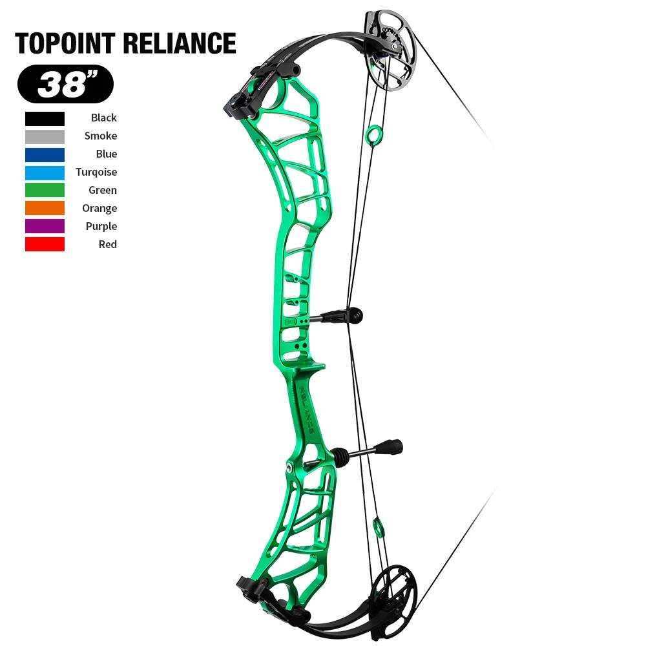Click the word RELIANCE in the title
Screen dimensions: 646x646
coord(179,43)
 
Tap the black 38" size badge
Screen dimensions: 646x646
coord(65,84)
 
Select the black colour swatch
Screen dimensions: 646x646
coord(45,118)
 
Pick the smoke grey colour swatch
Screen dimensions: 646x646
coord(45,136)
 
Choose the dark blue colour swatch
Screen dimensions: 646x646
coord(45,154)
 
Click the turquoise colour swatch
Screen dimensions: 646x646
coord(45,172)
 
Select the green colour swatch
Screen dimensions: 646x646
coord(45,190)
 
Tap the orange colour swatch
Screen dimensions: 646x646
coord(45,208)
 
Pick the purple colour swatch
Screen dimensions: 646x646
coord(45,226)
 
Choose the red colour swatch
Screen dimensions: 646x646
coord(45,244)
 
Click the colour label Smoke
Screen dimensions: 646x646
coord(101,136)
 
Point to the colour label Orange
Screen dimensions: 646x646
coord(99,208)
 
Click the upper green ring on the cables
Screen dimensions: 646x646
coord(373,134)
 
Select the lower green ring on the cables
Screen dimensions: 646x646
coord(379,526)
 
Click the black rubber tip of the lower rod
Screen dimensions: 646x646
coord(391,447)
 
